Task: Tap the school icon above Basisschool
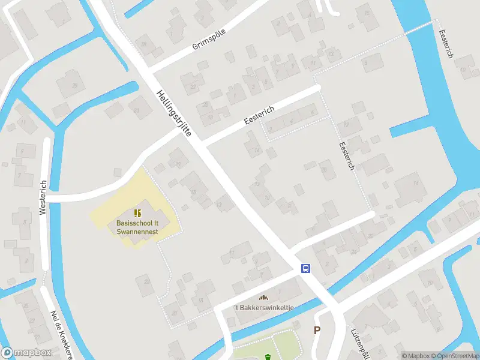click(x=137, y=213)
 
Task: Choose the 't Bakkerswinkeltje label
click(x=262, y=307)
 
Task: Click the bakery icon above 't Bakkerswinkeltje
click(x=262, y=298)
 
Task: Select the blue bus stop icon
click(x=305, y=269)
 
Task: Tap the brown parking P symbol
click(x=317, y=330)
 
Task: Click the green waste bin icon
click(x=267, y=358)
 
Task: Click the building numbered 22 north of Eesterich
click(x=193, y=87)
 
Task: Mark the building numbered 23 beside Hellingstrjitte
click(x=137, y=110)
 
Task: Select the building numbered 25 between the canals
click(x=74, y=86)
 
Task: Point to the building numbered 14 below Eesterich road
click(x=257, y=149)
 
